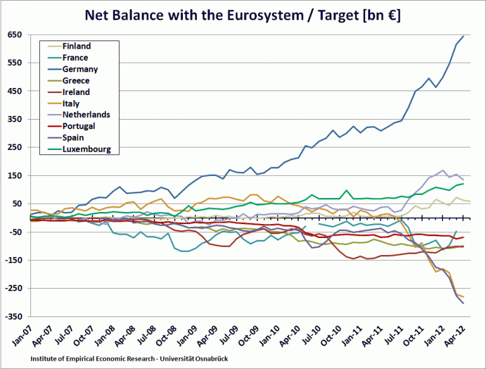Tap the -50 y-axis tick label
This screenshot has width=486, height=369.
15,232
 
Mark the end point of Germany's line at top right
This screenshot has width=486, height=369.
463,36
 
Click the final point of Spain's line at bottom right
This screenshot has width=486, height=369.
463,303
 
